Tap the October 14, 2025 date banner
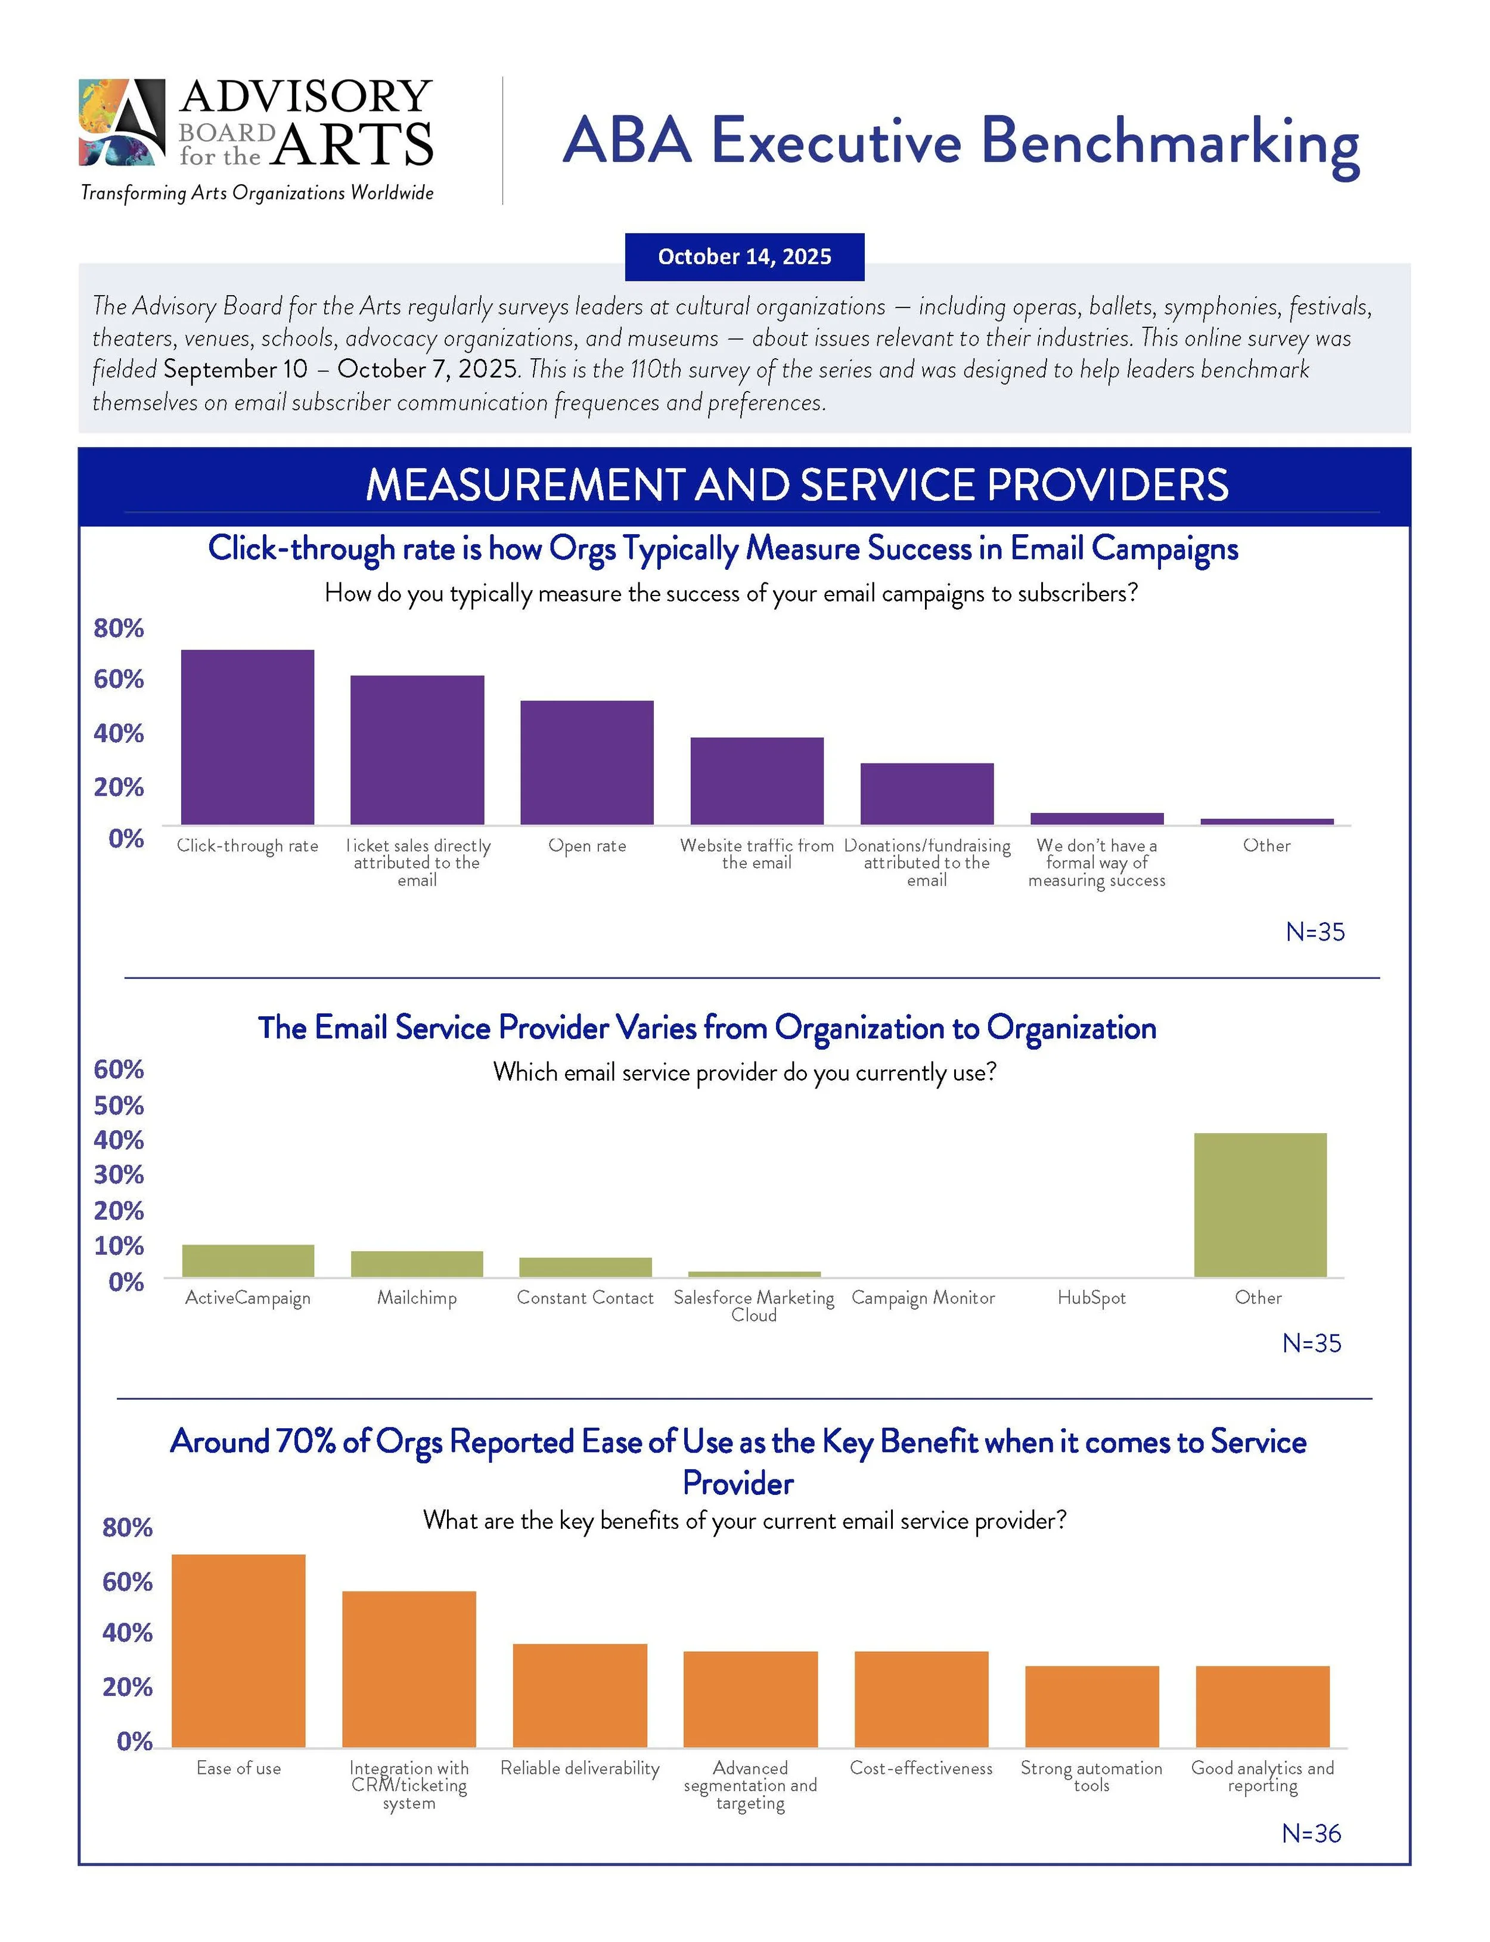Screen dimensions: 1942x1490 [744, 256]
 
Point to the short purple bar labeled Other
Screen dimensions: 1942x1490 [1266, 821]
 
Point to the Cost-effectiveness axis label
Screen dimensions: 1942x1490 [921, 1768]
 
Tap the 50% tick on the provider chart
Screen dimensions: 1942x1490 [118, 1105]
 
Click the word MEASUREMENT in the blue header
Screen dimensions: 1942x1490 [524, 485]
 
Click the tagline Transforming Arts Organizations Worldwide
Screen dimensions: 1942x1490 [257, 193]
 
